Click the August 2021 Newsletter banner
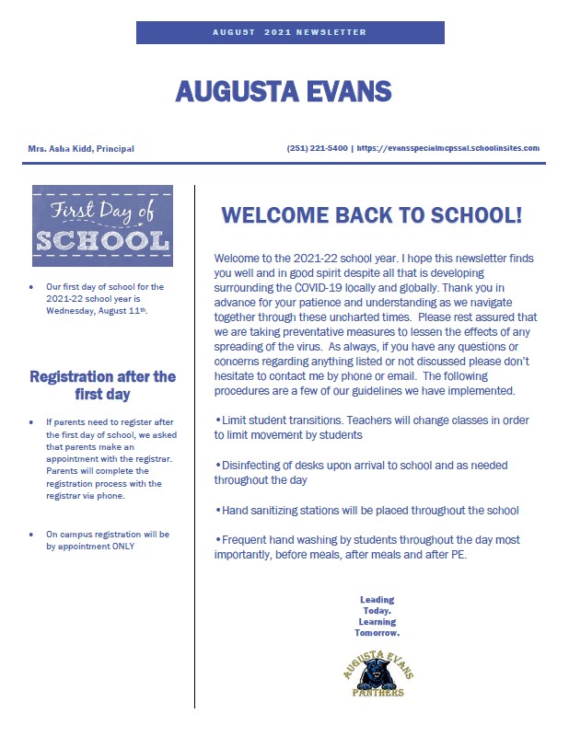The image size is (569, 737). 289,32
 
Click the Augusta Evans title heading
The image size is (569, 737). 284,91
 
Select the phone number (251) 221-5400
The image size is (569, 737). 318,148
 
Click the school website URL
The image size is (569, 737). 447,148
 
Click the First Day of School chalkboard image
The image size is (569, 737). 101,220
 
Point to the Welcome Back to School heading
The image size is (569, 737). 372,215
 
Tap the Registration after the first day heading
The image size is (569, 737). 102,385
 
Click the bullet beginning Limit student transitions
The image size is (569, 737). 371,427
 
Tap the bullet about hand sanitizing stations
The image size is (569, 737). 366,510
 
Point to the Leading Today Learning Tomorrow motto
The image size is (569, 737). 377,616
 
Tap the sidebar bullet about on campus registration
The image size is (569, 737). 106,540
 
